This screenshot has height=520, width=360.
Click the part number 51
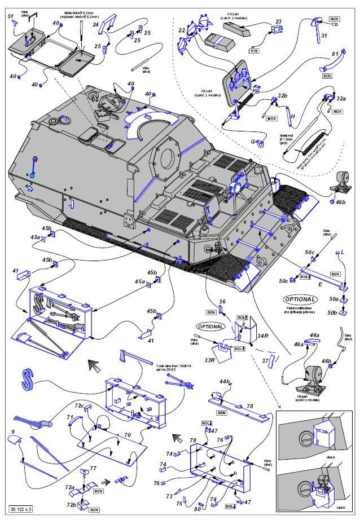pyautogui.click(x=10, y=16)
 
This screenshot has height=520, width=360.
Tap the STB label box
pyautogui.click(x=254, y=50)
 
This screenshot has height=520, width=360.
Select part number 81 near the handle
pyautogui.click(x=335, y=54)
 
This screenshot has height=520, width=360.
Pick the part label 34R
pyautogui.click(x=261, y=337)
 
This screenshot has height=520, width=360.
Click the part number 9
pyautogui.click(x=12, y=432)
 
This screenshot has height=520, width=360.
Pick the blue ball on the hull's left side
pyautogui.click(x=32, y=177)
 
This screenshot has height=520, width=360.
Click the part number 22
pyautogui.click(x=182, y=30)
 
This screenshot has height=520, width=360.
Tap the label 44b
pyautogui.click(x=225, y=382)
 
